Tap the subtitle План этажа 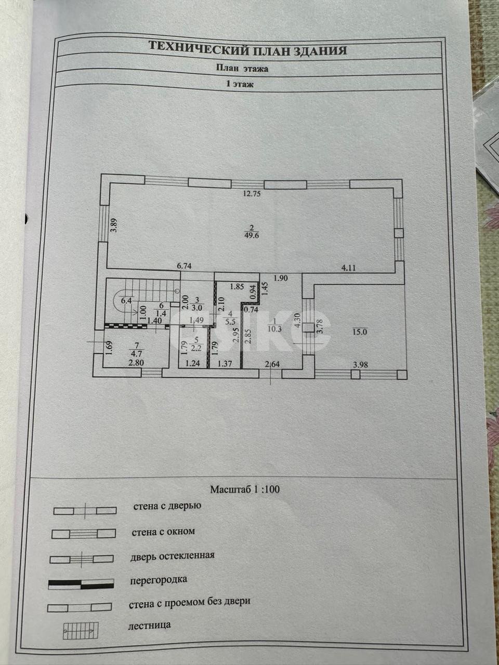coord(242,69)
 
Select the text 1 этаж coord(240,85)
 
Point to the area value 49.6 coord(252,235)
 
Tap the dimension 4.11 coord(348,268)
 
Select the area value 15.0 coord(360,332)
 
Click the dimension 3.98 coord(360,365)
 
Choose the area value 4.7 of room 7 coord(137,353)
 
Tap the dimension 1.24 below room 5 coord(192,363)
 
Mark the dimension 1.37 coord(225,363)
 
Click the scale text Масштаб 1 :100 coord(245,489)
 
